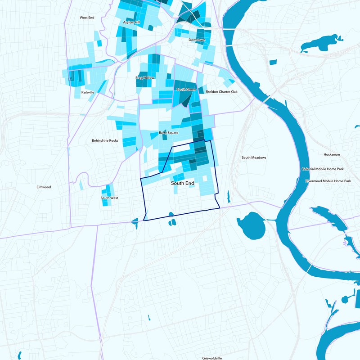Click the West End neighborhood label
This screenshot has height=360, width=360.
point(86,18)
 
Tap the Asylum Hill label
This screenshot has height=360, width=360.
point(132,22)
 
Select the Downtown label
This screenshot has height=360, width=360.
point(197,40)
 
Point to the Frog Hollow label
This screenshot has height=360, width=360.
point(145,78)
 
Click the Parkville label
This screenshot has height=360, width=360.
point(88,92)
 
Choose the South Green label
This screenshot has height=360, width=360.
point(186,90)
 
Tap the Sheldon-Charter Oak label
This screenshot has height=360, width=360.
point(221,92)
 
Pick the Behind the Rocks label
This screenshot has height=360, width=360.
point(105,140)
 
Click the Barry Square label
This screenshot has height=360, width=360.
point(169,133)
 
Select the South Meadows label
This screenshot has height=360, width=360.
point(254,157)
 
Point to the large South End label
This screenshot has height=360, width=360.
point(183,184)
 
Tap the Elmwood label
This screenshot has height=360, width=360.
point(44,187)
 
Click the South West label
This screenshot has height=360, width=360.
point(109,198)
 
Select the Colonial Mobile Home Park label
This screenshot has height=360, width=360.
point(323,169)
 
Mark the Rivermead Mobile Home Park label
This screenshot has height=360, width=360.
point(328,181)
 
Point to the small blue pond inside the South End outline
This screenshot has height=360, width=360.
point(171,215)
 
